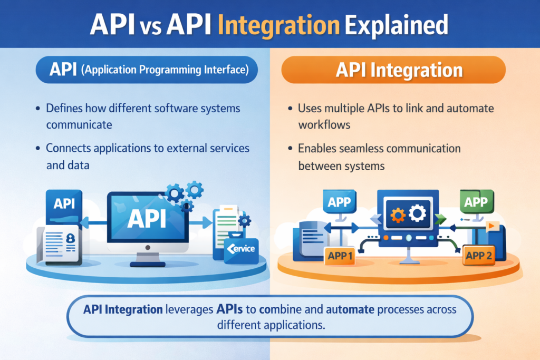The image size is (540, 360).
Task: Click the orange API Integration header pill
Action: pyautogui.click(x=393, y=71)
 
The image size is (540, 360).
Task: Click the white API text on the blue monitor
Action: pyautogui.click(x=147, y=218)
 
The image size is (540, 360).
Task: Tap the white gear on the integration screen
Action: pyautogui.click(x=418, y=213)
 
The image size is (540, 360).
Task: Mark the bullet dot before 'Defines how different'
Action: pyautogui.click(x=38, y=109)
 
